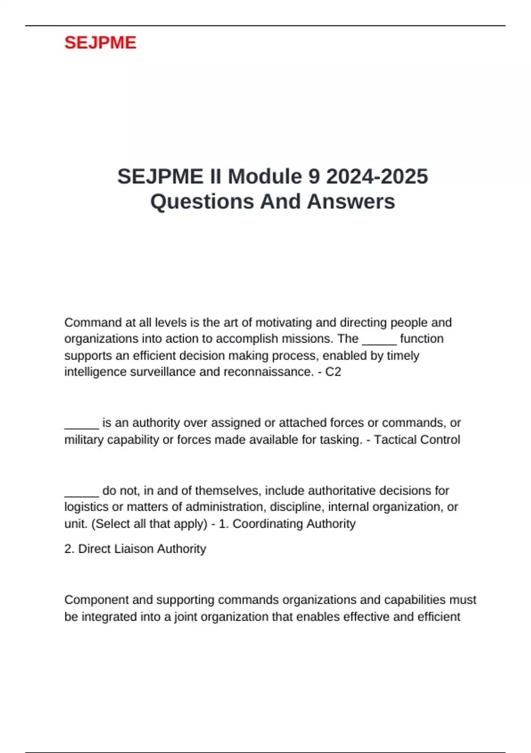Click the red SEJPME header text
pos(100,43)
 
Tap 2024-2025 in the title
pos(377,177)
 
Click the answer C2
pos(333,372)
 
